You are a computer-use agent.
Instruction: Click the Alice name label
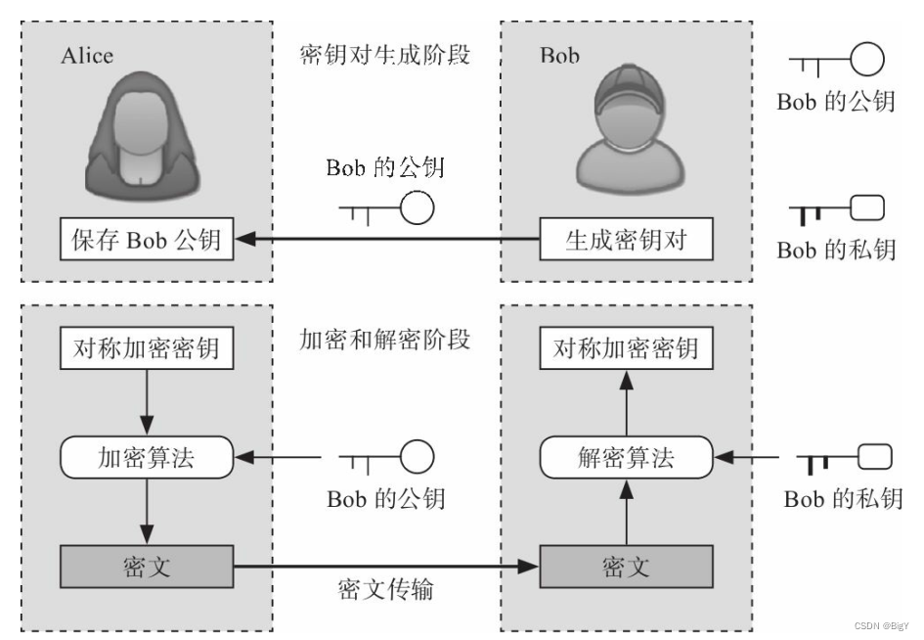click(x=87, y=55)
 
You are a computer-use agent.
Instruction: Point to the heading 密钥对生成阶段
click(x=384, y=54)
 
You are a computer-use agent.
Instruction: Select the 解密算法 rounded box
click(x=626, y=457)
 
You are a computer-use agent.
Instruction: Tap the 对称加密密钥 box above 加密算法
click(x=147, y=348)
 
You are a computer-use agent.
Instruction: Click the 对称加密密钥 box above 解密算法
click(x=627, y=348)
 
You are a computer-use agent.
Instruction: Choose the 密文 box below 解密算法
click(x=626, y=566)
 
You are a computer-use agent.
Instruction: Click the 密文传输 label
click(x=384, y=591)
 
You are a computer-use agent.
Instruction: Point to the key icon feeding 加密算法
click(x=386, y=457)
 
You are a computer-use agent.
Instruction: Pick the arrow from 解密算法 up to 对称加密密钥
click(x=626, y=403)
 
